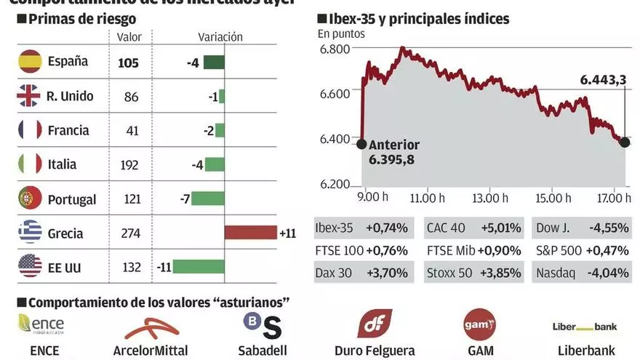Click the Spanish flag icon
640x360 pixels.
click(x=31, y=62)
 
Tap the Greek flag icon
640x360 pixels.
click(x=31, y=233)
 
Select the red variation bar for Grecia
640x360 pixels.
click(x=251, y=233)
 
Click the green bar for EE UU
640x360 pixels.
click(x=199, y=268)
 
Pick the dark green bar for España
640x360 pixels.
click(x=213, y=63)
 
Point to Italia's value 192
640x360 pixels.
click(x=129, y=165)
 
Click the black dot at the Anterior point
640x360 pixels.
click(x=361, y=143)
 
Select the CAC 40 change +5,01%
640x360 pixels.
click(x=504, y=228)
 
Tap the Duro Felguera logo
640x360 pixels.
click(x=375, y=323)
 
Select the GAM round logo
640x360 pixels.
click(x=479, y=324)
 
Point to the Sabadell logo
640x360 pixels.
click(x=261, y=325)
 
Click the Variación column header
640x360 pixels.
click(x=220, y=37)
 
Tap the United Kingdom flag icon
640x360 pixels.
click(x=31, y=96)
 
